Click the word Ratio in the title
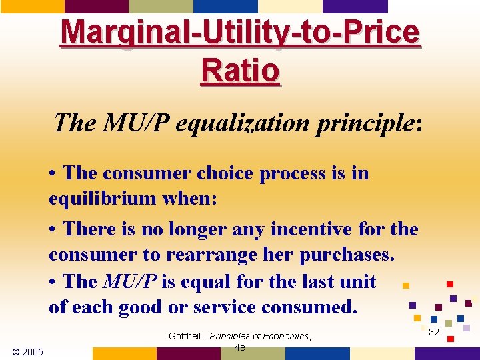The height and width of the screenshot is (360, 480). click(x=240, y=69)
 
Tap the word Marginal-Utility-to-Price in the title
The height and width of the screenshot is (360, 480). click(x=240, y=32)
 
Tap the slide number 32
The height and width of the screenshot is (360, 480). click(x=433, y=331)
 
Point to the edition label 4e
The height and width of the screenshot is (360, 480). click(x=240, y=347)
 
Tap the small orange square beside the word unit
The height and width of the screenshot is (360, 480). click(x=405, y=285)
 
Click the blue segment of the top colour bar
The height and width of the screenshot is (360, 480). click(x=225, y=6)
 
